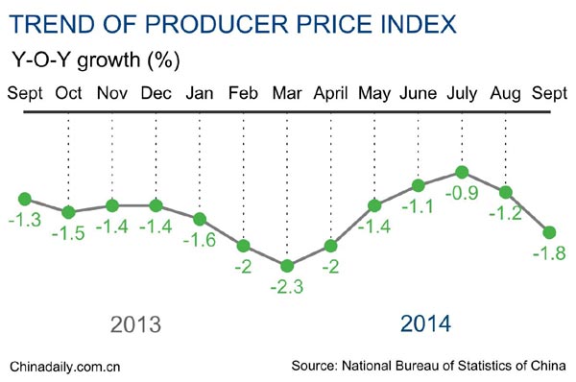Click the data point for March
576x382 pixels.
coord(286,265)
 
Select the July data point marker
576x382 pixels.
coord(462,173)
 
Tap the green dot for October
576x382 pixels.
coord(68,212)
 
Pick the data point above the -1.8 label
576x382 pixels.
coord(549,231)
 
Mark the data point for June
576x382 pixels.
coord(419,185)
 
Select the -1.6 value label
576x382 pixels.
coord(202,239)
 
